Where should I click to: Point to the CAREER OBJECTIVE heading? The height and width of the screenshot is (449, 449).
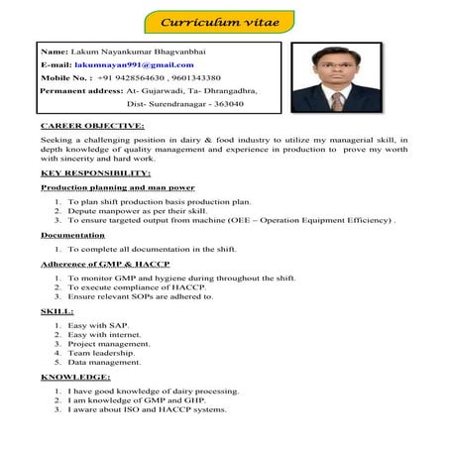tap(92, 127)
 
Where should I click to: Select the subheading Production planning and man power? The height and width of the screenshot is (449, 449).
tap(117, 187)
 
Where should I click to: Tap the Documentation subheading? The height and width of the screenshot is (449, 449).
tap(72, 235)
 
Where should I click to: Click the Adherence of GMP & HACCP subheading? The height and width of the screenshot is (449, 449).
tap(106, 265)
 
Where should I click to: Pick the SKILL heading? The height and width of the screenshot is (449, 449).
tap(58, 311)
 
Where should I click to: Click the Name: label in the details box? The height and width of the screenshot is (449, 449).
tap(56, 50)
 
